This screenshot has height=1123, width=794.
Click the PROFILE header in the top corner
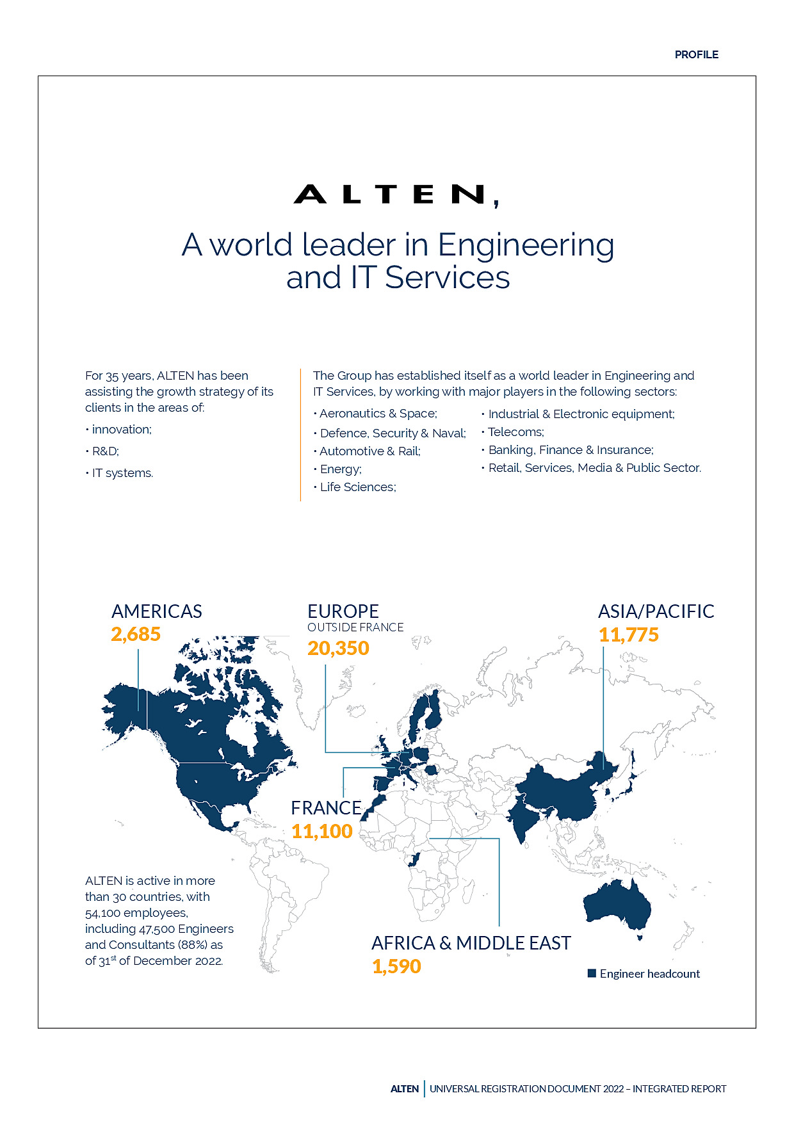(696, 55)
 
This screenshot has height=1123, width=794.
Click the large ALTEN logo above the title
(396, 195)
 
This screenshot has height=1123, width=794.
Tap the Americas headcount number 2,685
(136, 634)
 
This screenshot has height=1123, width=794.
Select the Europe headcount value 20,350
(338, 649)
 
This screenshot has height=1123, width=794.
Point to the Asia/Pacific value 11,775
(628, 635)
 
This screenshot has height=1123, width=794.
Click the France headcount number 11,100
(322, 831)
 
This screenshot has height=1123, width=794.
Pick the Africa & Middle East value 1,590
(396, 966)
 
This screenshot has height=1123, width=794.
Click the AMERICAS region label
(157, 611)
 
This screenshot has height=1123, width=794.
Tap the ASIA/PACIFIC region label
(656, 611)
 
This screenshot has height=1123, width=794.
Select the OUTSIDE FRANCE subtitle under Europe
(355, 627)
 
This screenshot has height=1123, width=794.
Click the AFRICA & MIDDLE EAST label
(471, 943)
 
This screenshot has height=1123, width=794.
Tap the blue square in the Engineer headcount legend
(592, 974)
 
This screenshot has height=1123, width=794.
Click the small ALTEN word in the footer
(405, 1088)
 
